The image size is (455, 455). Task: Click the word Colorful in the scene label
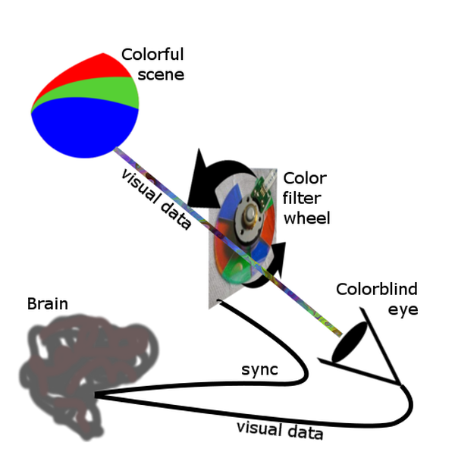tap(152, 55)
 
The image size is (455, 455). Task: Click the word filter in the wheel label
tap(300, 199)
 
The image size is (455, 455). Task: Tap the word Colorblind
tap(377, 289)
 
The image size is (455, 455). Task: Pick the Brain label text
tap(47, 305)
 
